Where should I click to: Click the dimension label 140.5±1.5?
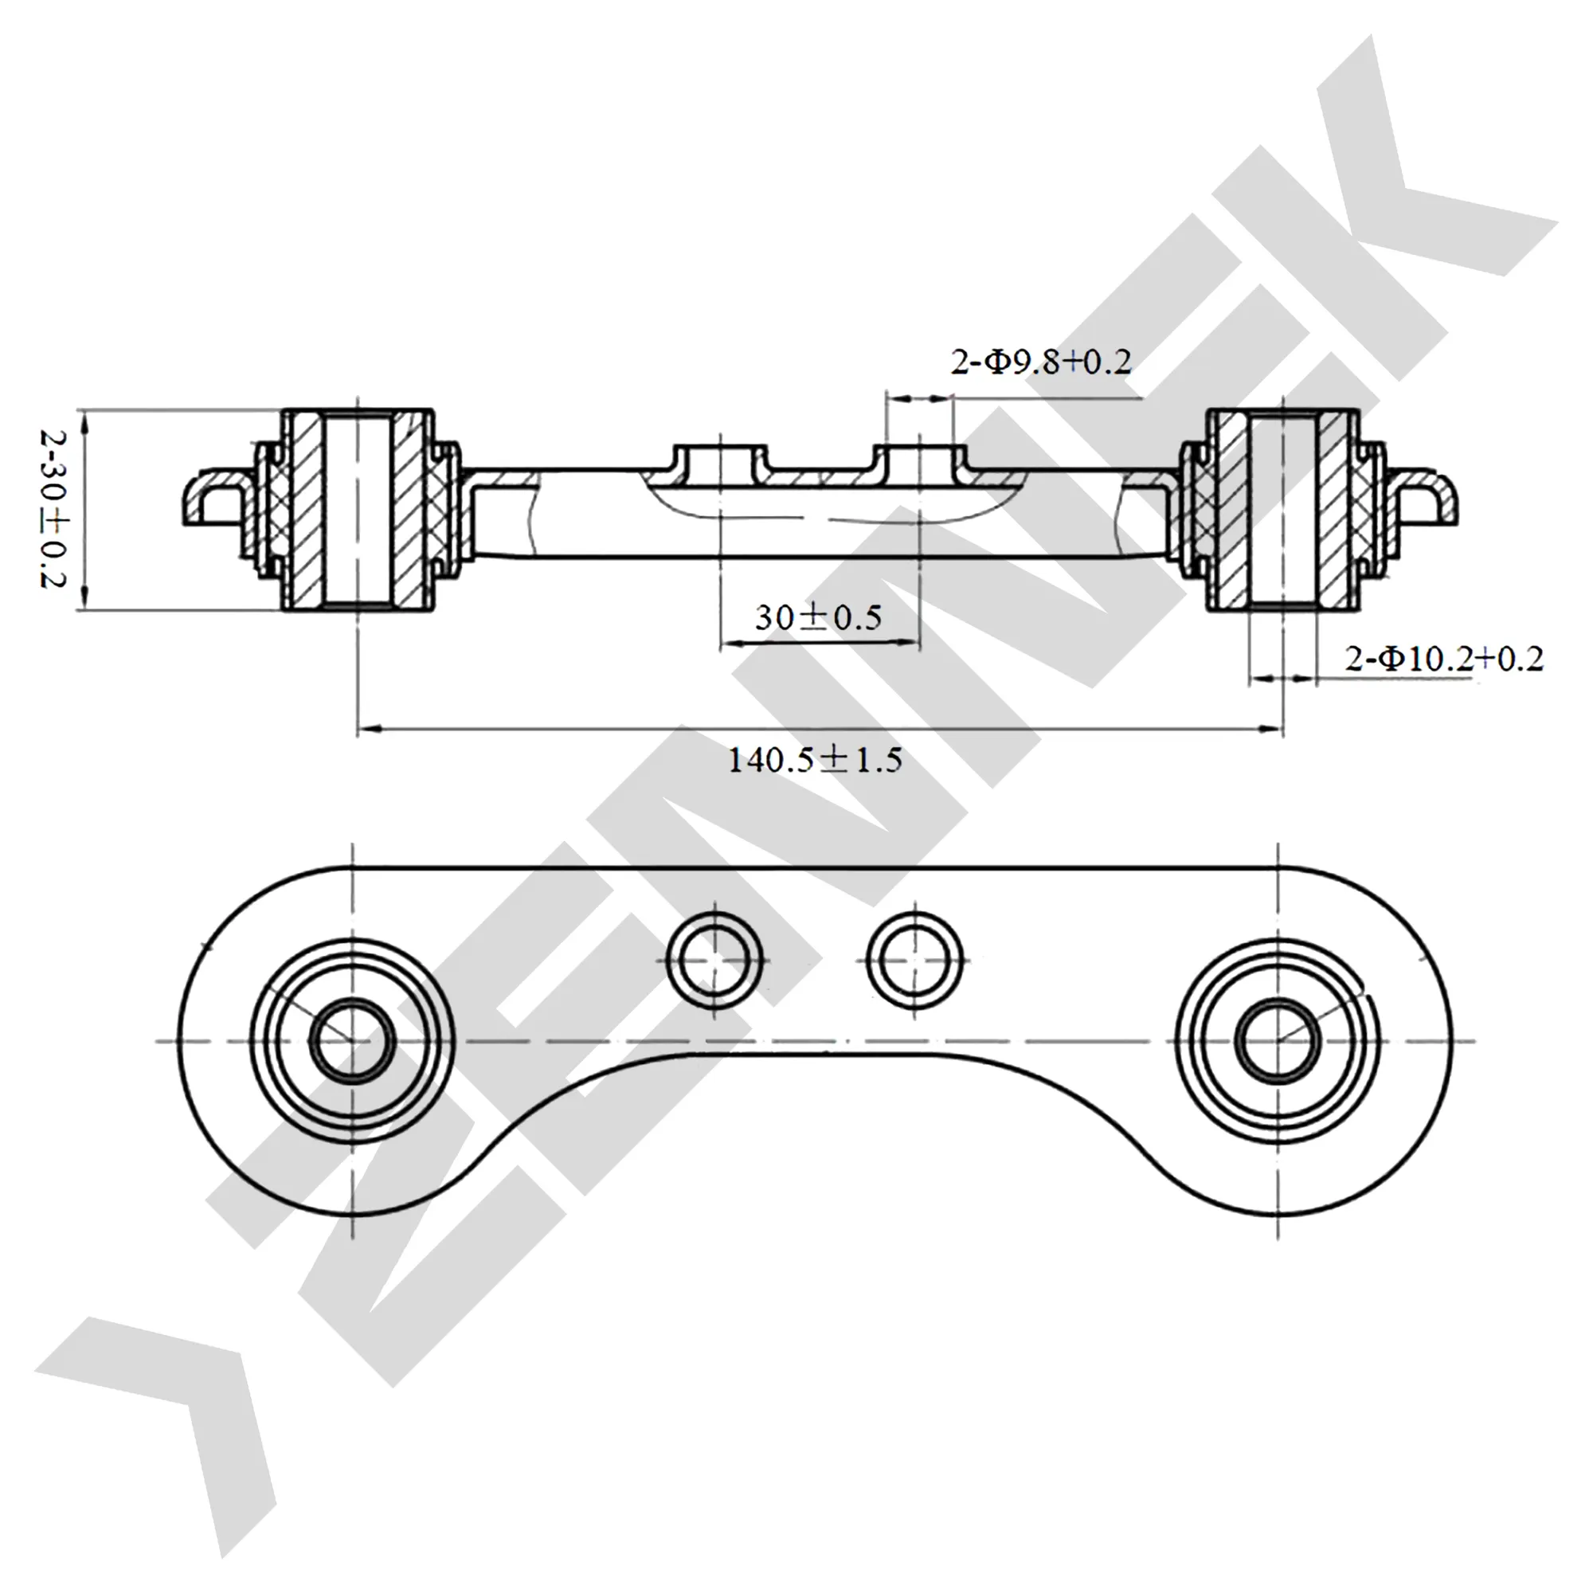815,759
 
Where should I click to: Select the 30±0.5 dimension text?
818,616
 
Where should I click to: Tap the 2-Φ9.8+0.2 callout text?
1041,362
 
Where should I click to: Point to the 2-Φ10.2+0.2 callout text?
1444,659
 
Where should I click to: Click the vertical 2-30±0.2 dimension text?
52,508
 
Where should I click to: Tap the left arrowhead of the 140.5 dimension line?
368,729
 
